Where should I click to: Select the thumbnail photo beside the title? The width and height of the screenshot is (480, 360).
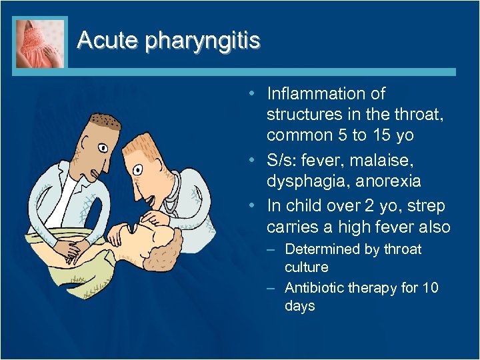[x=41, y=42]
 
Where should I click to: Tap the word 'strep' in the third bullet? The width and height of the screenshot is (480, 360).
[x=429, y=206]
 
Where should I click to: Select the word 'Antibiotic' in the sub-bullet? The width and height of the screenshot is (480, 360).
[x=317, y=288]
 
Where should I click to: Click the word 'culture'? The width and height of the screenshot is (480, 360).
[x=307, y=267]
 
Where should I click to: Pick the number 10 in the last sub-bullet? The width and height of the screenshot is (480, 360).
[x=430, y=288]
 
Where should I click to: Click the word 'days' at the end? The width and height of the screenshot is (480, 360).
[x=300, y=306]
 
